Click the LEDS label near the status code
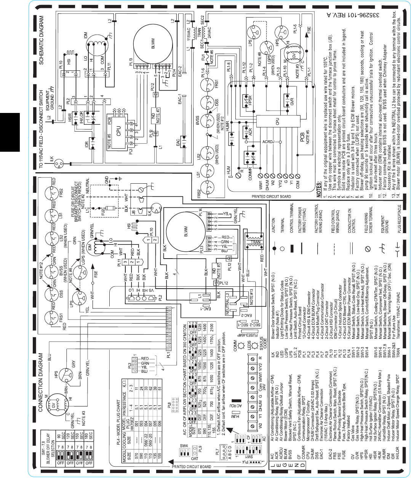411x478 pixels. pyautogui.click(x=249, y=344)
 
